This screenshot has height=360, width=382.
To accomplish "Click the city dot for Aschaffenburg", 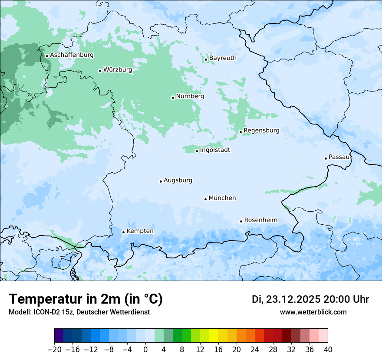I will [47, 56].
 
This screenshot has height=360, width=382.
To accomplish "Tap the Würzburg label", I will [118, 70].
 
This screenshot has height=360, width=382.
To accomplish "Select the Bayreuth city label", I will [223, 58].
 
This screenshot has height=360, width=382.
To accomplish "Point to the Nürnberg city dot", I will [173, 98].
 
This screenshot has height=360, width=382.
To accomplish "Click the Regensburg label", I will [261, 131].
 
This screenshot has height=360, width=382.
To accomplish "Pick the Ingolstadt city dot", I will [197, 151].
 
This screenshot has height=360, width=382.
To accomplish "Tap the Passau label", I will [339, 157].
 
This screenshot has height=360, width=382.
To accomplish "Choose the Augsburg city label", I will [178, 180].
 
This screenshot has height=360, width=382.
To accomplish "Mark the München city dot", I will [205, 199].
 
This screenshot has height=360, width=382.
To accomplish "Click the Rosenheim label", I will [260, 220].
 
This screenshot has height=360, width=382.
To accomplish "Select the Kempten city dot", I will [123, 232].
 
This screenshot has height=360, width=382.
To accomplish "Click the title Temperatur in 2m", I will [86, 299].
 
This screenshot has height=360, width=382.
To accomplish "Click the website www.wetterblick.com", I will [313, 312].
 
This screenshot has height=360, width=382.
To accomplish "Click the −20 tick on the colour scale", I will [55, 350].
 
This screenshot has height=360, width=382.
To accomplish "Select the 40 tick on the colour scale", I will [328, 350].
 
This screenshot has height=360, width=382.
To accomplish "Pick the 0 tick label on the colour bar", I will [145, 350].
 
